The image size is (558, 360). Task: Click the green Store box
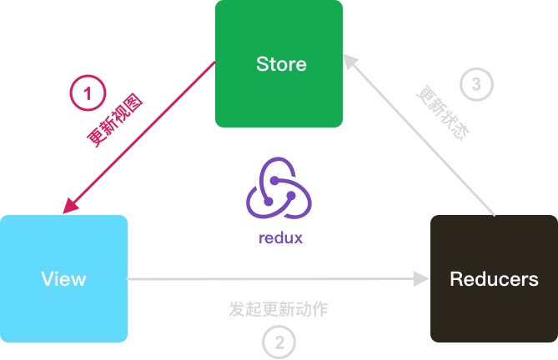pos(279,92)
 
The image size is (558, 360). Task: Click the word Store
pos(280,64)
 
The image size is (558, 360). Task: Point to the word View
pos(63,278)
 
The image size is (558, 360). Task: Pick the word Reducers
pos(494,278)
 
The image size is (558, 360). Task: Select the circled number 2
pos(279,341)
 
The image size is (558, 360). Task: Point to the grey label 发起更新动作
pos(279,309)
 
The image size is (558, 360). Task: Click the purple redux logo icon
pos(279,189)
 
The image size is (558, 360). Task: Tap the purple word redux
pos(280,238)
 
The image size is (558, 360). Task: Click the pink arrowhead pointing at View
pos(70,205)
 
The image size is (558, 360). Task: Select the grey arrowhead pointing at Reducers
pos(420,279)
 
